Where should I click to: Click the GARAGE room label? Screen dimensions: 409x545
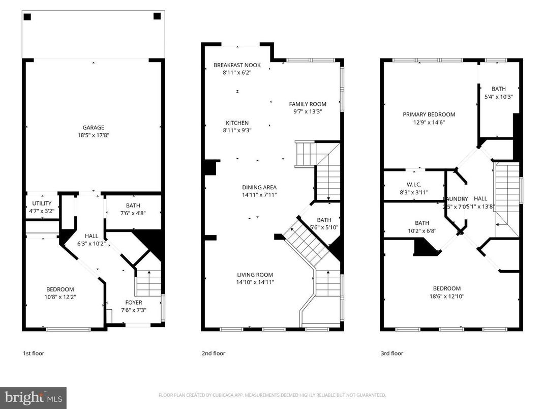[x=94, y=128]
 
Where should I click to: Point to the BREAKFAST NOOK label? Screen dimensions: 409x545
[x=237, y=65]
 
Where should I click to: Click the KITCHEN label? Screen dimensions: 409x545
[x=237, y=123]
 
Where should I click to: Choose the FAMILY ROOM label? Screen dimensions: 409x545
[x=308, y=104]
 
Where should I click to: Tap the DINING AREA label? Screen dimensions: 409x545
[x=259, y=188]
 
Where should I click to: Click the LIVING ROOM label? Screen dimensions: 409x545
[x=255, y=275]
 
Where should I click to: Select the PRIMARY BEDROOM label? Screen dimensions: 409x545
[x=429, y=115]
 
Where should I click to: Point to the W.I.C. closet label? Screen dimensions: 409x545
[x=414, y=185]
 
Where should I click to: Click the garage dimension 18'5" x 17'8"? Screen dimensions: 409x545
[x=94, y=135]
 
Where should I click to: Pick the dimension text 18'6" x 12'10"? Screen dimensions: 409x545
[x=446, y=296]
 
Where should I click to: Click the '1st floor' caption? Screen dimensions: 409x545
[x=34, y=353]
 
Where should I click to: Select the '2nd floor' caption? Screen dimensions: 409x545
[x=213, y=353]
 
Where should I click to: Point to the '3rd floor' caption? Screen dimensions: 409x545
[x=391, y=353]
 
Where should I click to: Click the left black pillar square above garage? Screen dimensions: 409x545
[x=27, y=17]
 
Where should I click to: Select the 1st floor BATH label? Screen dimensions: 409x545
[x=133, y=206]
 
